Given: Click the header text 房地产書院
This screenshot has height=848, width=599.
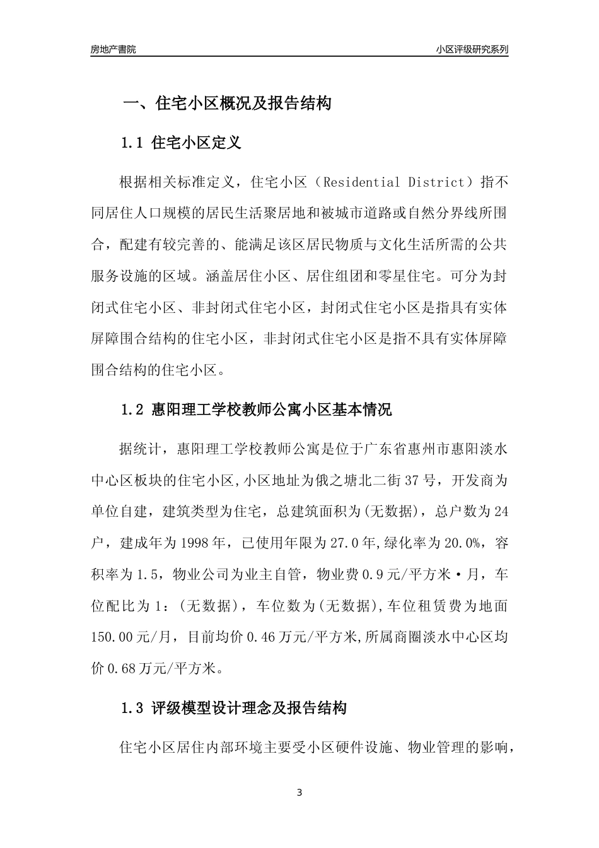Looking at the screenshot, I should (113, 49).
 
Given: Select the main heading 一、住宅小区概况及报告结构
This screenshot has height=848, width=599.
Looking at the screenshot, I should (226, 103).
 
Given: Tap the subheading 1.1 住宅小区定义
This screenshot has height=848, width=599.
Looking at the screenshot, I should (180, 143).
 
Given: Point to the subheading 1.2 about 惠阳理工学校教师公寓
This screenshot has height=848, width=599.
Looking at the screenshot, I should (255, 410).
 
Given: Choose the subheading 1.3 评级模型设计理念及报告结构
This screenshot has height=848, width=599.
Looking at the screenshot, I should (233, 709).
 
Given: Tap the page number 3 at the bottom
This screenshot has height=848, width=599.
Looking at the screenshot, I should (299, 792).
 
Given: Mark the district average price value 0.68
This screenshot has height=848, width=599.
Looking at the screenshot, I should (119, 668).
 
